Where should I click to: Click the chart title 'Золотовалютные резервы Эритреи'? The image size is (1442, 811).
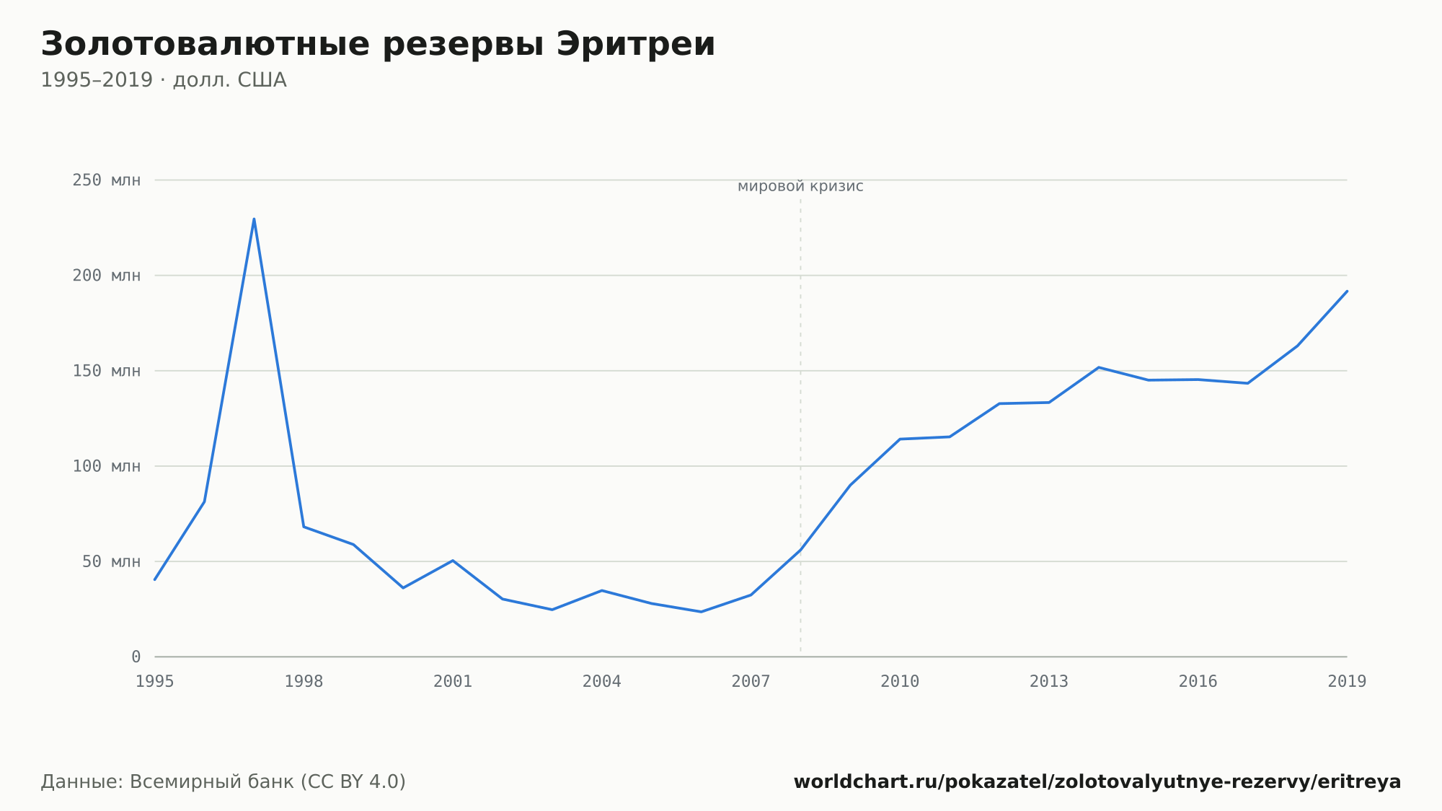tap(378, 45)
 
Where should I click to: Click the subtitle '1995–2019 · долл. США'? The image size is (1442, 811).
tap(164, 80)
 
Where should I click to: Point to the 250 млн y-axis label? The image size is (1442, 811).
tap(106, 180)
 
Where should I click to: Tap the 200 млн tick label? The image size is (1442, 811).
tap(106, 276)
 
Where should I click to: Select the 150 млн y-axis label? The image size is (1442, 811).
tap(106, 371)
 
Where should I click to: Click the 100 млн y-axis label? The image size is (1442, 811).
tap(106, 466)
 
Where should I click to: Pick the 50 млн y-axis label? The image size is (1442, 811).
tap(111, 561)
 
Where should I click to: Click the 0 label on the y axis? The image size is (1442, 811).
tap(136, 657)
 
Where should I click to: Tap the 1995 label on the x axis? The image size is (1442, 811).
tap(155, 682)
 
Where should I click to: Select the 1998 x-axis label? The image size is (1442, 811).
tap(304, 682)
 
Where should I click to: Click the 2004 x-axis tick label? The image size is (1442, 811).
tap(602, 682)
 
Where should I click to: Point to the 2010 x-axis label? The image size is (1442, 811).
tap(900, 682)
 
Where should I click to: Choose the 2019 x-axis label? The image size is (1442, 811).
tap(1347, 682)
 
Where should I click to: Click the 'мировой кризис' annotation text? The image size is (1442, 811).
tap(800, 187)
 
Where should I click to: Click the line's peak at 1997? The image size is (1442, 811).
tap(254, 219)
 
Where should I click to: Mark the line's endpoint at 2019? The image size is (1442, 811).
tap(1347, 291)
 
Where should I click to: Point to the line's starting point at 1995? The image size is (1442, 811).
tap(155, 579)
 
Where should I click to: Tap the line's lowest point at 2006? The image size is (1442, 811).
tap(701, 612)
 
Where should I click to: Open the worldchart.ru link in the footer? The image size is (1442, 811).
tap(1097, 782)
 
